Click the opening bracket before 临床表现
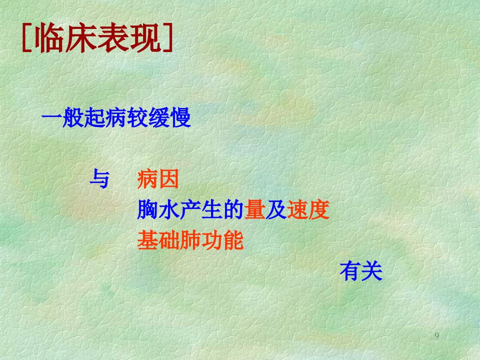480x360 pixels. click(27, 38)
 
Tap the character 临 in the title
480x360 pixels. click(49, 38)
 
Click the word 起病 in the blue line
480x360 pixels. click(95, 117)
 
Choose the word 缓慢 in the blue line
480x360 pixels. click(169, 117)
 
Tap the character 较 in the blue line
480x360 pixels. click(138, 117)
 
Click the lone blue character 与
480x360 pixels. click(99, 178)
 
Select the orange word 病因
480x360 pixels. click(158, 179)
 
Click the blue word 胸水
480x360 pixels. click(158, 209)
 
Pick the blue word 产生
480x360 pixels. click(201, 209)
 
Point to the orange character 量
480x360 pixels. click(254, 209)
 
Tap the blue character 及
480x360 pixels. click(276, 209)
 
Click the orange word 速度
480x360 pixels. click(308, 209)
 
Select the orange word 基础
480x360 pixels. click(158, 240)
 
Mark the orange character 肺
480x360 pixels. click(190, 240)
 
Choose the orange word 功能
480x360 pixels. click(222, 240)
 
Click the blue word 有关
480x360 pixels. click(361, 271)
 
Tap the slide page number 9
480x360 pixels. click(437, 335)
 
